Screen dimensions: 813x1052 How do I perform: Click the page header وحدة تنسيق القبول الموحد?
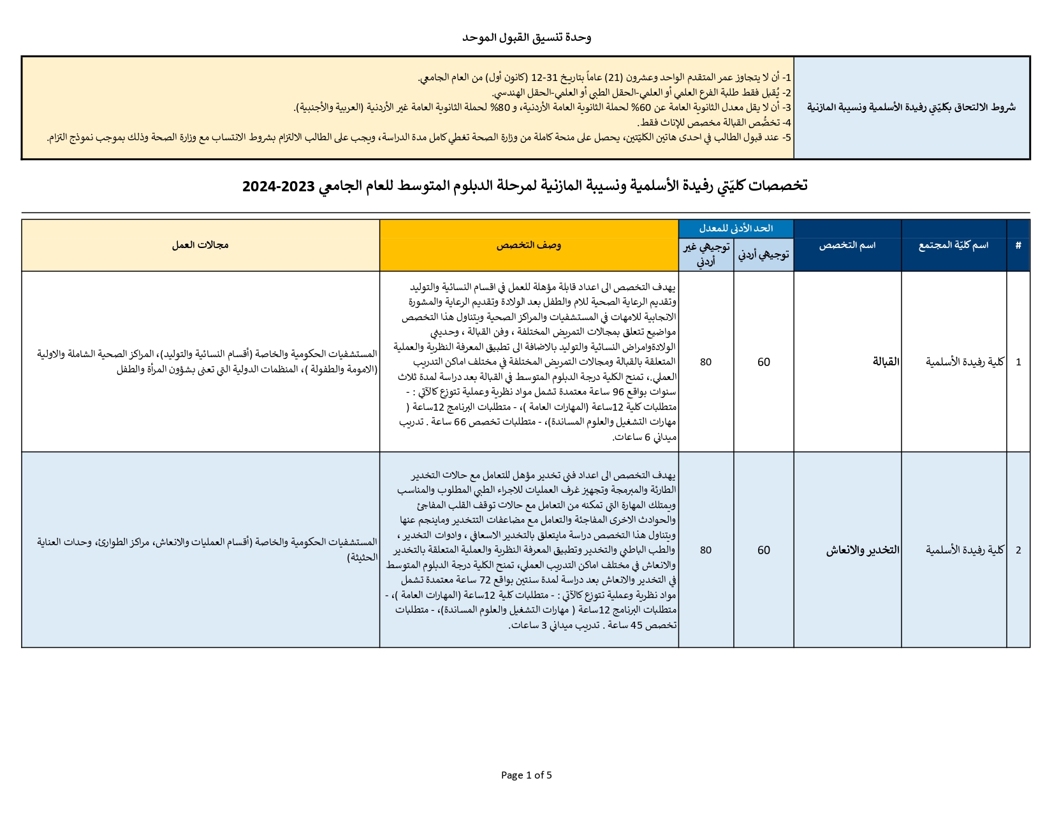coord(527,38)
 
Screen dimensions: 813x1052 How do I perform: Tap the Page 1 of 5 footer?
coord(526,775)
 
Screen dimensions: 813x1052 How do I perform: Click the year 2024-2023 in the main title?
coord(279,186)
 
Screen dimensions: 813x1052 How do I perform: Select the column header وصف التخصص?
coord(529,245)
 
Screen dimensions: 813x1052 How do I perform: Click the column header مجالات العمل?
coord(200,245)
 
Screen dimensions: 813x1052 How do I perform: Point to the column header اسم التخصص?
coord(847,245)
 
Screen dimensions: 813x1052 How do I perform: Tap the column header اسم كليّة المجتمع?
coord(953,245)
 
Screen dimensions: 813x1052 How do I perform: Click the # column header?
coord(1018,245)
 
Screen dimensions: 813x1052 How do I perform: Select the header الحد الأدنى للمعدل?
coord(736,228)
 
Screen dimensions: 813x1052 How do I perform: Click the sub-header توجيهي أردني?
coord(763,254)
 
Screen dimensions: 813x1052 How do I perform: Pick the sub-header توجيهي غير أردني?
coord(706,254)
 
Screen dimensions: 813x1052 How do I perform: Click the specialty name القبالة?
coord(886,362)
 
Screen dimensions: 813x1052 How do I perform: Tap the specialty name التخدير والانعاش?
coord(863,550)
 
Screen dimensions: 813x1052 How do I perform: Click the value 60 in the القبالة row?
coord(763,362)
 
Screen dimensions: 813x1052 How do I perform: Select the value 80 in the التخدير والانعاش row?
coord(705,550)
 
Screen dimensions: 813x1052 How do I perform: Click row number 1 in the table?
coord(1018,362)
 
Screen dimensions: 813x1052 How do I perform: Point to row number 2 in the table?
coord(1018,550)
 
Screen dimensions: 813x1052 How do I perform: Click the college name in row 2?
coord(965,550)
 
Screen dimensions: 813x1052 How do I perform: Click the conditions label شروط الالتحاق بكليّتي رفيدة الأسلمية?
coord(911,107)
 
